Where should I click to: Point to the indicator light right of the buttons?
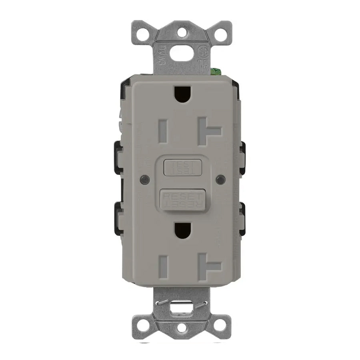[x=218, y=179]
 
